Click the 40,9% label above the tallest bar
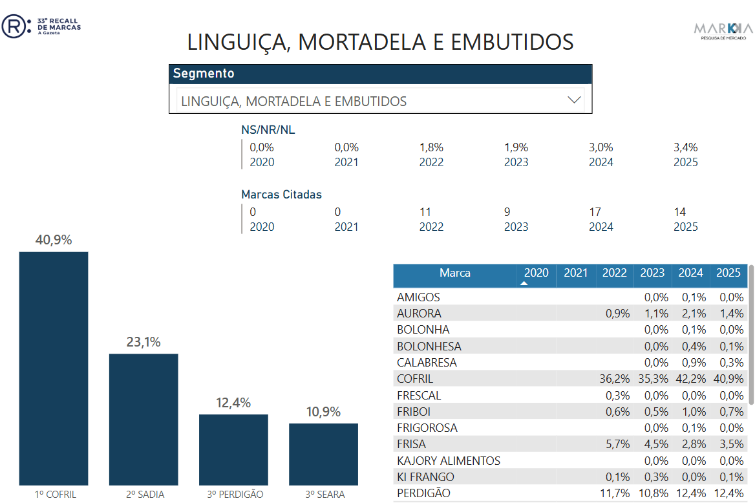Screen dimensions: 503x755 click(x=54, y=241)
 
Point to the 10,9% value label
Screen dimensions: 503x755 click(x=323, y=412)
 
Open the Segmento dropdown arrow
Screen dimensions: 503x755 click(x=574, y=100)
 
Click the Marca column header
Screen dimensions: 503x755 click(x=455, y=273)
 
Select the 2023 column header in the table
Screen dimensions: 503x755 click(x=652, y=273)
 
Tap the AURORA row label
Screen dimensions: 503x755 click(x=420, y=314)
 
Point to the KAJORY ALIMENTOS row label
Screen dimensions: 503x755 click(x=449, y=461)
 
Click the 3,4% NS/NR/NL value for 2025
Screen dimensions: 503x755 click(x=685, y=147)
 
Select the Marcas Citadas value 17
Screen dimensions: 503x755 click(x=595, y=212)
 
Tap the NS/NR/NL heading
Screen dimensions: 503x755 click(x=268, y=130)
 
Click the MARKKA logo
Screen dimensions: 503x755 click(x=723, y=30)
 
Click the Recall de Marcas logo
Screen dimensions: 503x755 click(x=41, y=27)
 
